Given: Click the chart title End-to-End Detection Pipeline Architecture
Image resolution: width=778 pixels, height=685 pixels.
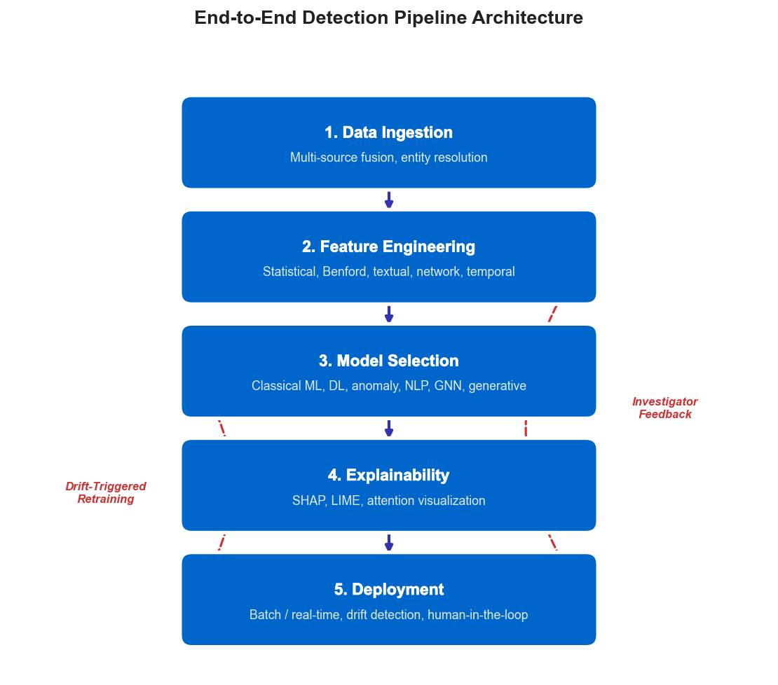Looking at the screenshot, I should point(388,18).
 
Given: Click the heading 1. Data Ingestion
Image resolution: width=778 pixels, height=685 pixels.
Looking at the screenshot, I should point(388,132).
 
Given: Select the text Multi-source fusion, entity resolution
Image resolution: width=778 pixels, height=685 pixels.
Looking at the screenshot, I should point(388,158).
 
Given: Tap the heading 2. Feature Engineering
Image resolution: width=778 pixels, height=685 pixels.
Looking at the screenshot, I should point(388,247).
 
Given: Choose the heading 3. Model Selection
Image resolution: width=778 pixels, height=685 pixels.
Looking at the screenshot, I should point(388,361).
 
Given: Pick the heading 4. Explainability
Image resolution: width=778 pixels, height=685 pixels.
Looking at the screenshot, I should point(388,475).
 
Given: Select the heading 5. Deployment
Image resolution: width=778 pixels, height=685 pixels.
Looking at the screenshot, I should point(388,589).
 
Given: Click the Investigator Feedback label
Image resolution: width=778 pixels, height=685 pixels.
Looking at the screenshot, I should point(664,408).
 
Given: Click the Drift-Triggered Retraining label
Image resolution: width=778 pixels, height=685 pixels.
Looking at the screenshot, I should point(106,492).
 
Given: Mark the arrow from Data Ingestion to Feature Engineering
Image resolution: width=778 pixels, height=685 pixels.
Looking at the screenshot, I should point(389,200).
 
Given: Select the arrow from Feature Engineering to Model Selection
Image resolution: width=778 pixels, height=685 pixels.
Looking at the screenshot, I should point(389,314).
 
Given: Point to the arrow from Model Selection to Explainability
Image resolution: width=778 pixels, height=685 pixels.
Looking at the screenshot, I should point(389,428).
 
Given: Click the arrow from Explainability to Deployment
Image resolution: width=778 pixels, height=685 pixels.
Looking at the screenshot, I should point(389,542).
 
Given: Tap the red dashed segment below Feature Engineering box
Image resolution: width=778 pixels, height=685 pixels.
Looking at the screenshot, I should point(552,314).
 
